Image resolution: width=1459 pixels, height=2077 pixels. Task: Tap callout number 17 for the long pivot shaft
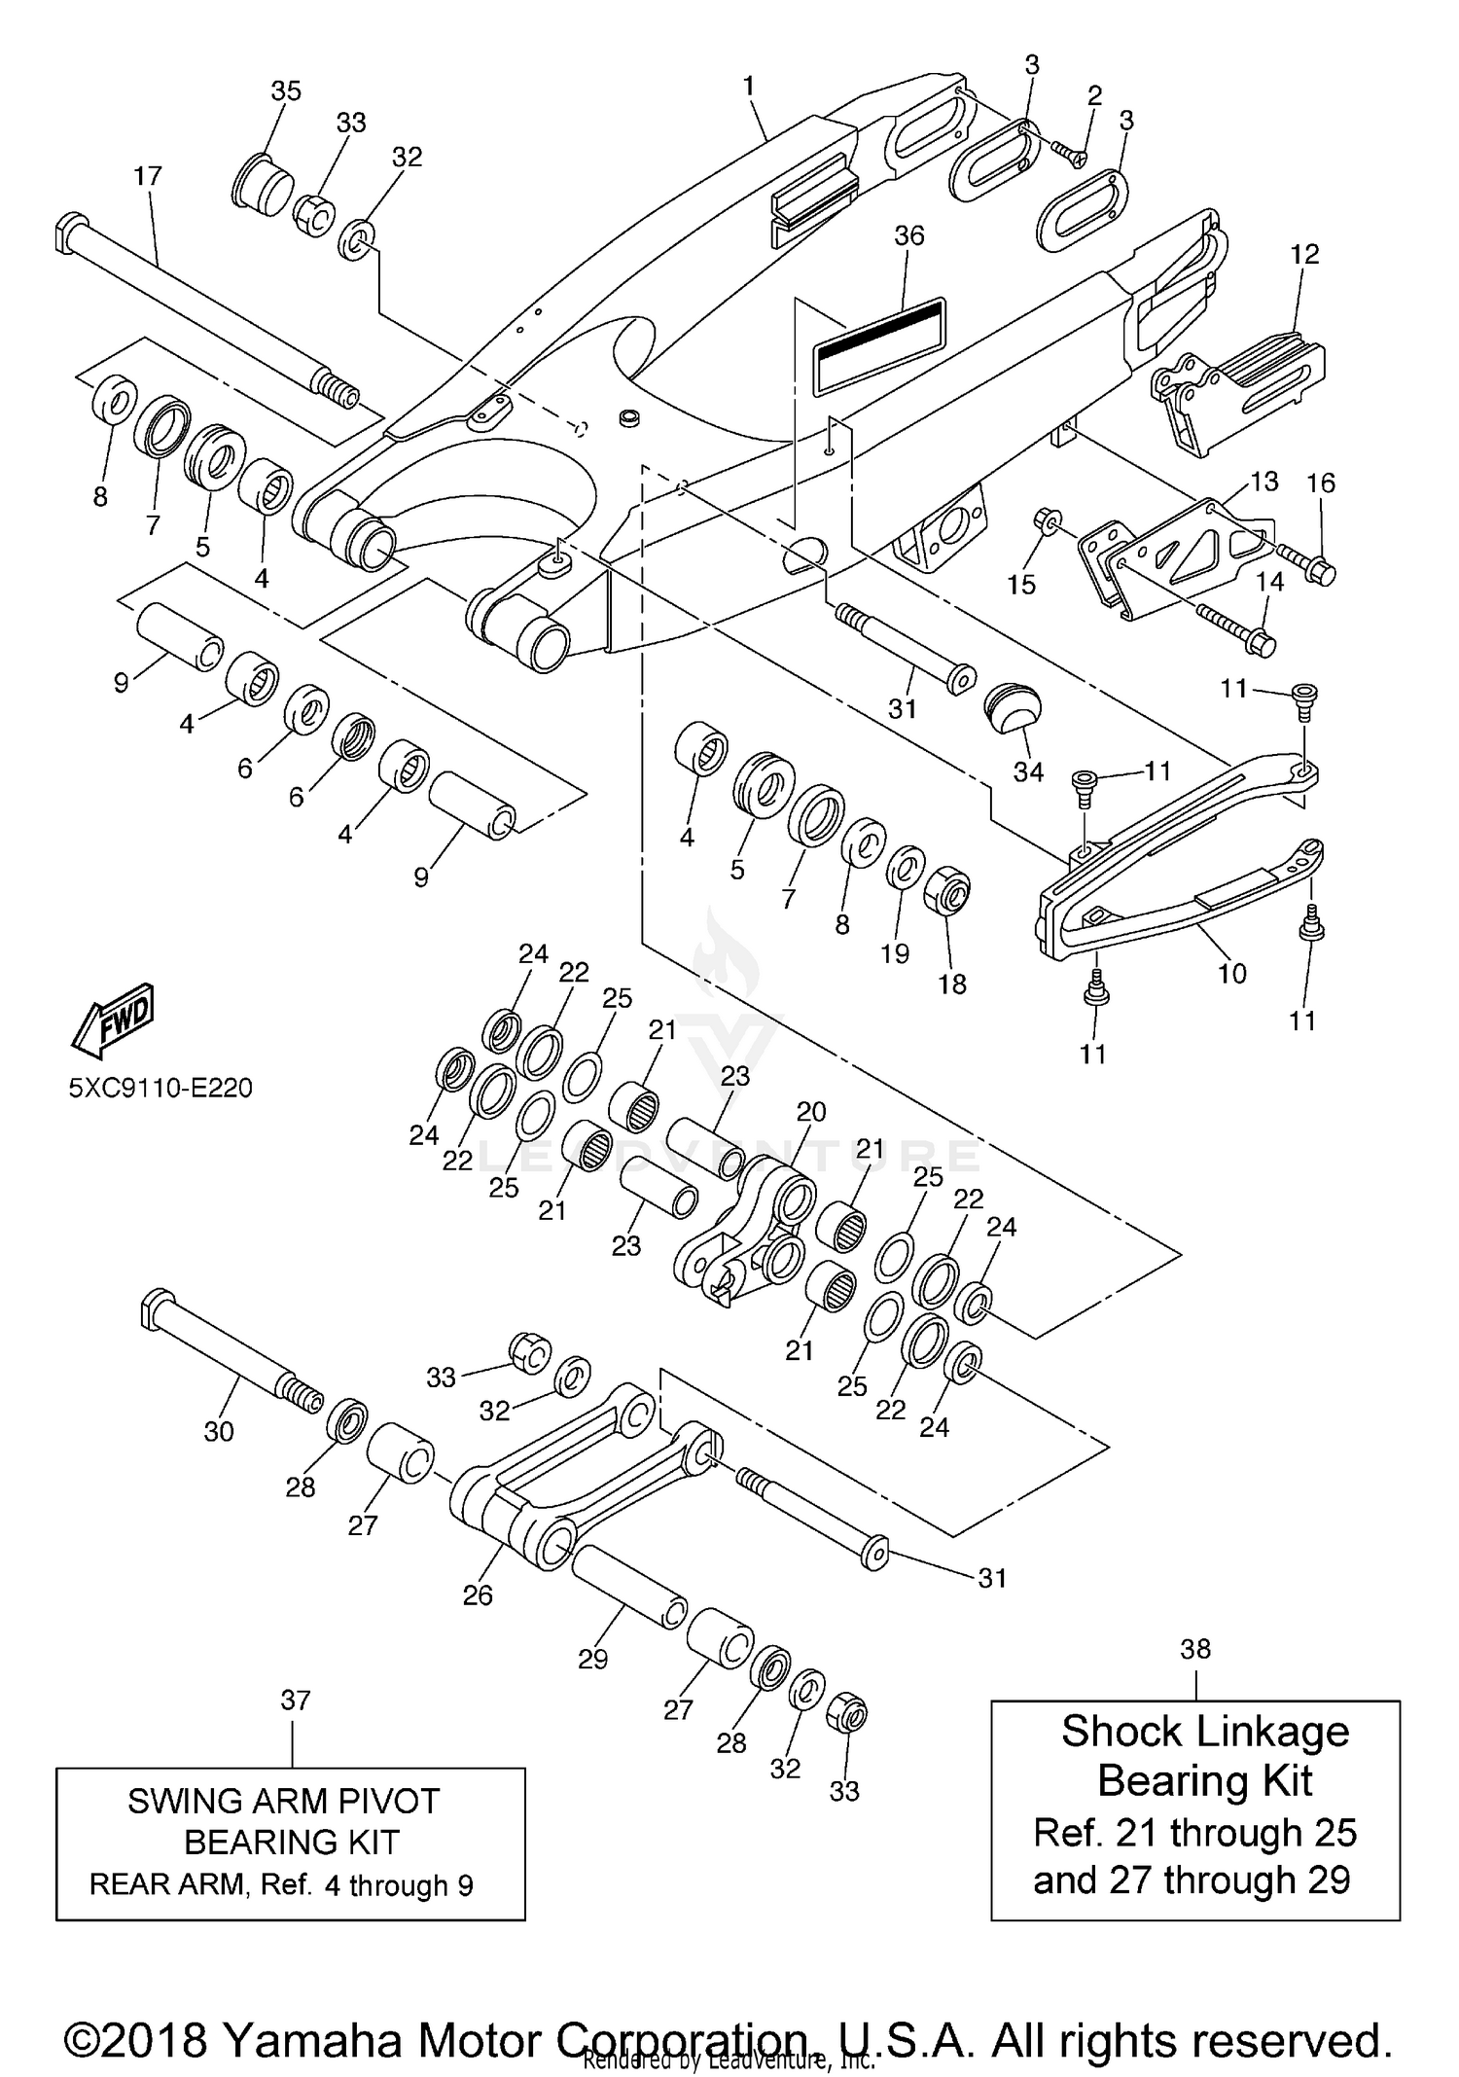148,176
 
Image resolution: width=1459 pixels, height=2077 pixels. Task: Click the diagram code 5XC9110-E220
160,1087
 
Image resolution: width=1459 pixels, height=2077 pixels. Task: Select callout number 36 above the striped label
908,236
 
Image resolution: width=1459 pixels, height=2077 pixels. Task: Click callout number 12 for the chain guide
1304,254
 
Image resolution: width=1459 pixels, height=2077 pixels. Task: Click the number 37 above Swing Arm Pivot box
295,1701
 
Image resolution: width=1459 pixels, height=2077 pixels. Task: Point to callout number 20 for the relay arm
811,1112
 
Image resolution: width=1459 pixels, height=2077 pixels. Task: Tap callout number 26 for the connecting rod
478,1595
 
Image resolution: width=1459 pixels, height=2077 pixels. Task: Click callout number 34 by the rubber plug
1028,771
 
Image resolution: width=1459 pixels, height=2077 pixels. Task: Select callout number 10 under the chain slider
1231,973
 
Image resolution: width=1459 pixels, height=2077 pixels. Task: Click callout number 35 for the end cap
286,90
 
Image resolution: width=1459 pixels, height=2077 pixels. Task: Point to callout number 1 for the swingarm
748,86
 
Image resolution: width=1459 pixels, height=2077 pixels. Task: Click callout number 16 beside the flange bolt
1321,483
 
